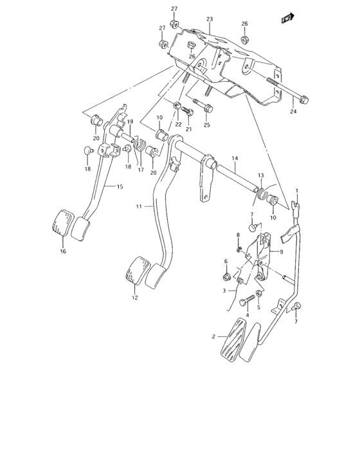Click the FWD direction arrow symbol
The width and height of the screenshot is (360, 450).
click(287, 20)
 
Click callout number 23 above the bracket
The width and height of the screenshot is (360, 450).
click(209, 20)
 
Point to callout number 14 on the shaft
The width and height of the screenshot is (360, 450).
click(235, 158)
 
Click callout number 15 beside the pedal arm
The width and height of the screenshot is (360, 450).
click(120, 186)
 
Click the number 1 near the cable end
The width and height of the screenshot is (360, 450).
click(297, 191)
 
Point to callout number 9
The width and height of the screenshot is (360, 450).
click(280, 252)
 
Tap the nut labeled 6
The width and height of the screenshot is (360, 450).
click(227, 278)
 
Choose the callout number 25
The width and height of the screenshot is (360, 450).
click(207, 124)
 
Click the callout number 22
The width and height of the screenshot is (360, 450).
click(178, 124)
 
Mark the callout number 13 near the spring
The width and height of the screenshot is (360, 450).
click(260, 175)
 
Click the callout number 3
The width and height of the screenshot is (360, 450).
click(225, 291)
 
